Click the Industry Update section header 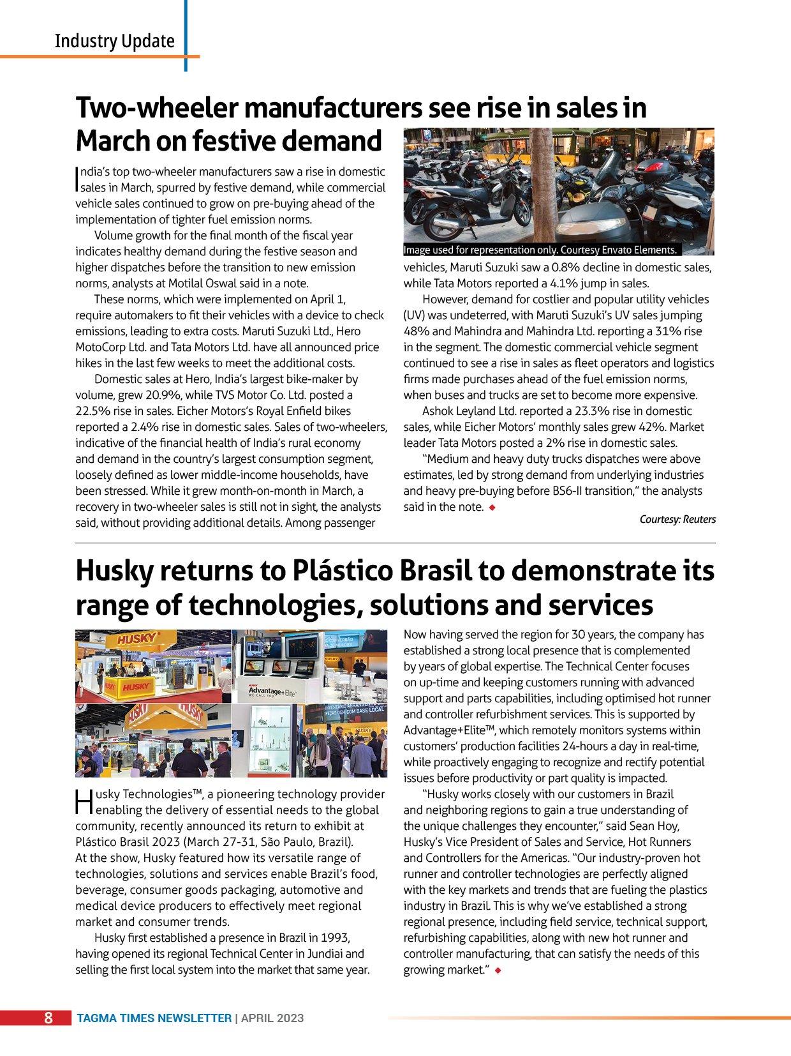pos(114,41)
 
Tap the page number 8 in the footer pos(48,1018)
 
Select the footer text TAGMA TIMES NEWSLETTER pos(154,1018)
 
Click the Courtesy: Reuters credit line pos(677,519)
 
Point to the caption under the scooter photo pos(540,250)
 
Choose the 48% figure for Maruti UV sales pos(417,331)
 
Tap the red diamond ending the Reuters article pos(492,508)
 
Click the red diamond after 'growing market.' pos(498,970)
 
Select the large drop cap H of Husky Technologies pos(84,802)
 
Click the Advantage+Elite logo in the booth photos pos(272,691)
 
